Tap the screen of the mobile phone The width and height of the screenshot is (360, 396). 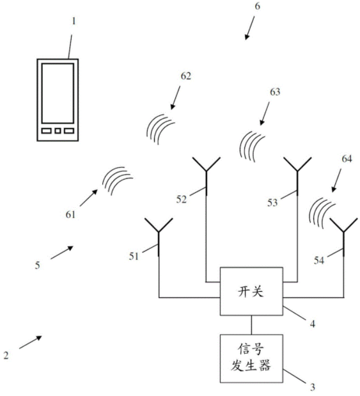[58, 93]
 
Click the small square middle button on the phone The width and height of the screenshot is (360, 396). [58, 131]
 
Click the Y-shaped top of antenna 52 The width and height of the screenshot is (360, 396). [207, 164]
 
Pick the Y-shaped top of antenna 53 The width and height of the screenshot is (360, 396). [297, 164]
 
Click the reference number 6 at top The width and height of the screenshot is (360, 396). [257, 6]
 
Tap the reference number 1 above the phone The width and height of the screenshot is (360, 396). [74, 21]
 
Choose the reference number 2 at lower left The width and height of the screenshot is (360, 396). [6, 356]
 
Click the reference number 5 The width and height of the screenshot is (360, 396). [37, 265]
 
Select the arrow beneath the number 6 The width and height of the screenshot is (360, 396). [249, 28]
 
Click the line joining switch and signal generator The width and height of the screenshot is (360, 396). [251, 325]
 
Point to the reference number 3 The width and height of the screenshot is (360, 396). [313, 387]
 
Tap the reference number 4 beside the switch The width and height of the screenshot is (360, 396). [313, 324]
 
